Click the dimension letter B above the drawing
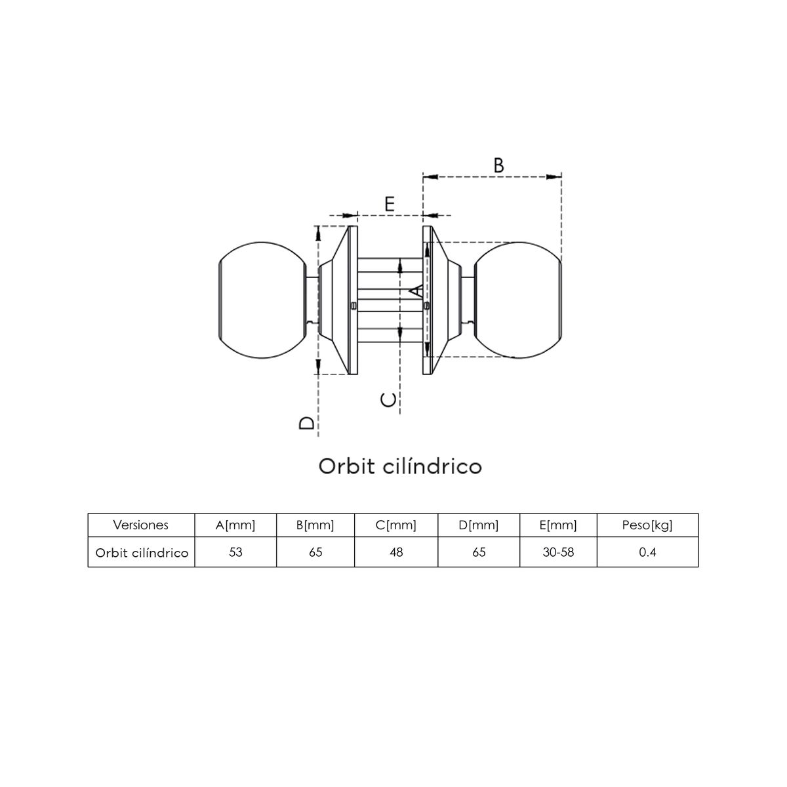click(x=498, y=165)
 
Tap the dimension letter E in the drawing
click(x=390, y=203)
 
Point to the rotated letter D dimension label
click(x=307, y=423)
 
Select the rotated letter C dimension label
click(x=388, y=400)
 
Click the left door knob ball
click(x=262, y=300)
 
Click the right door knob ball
click(x=518, y=300)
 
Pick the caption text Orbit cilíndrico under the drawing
click(x=400, y=466)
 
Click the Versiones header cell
click(x=140, y=525)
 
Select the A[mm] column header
click(x=235, y=525)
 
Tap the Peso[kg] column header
click(x=647, y=525)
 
